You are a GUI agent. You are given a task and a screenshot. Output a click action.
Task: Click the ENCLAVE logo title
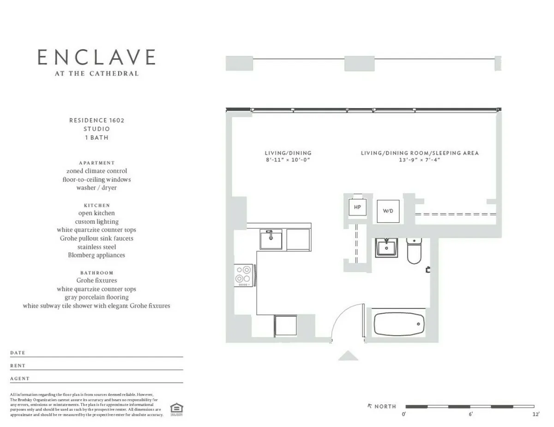pos(96,57)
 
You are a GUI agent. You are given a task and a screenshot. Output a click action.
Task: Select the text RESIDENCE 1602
pos(97,120)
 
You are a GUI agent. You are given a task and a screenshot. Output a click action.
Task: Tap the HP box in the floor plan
pos(357,207)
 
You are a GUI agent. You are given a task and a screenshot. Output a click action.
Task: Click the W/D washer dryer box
pos(388,211)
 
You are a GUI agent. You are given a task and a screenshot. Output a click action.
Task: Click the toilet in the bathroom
pos(414,251)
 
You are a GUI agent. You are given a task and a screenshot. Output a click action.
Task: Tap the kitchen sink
pos(271,240)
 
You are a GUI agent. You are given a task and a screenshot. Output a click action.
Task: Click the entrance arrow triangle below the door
pos(348,355)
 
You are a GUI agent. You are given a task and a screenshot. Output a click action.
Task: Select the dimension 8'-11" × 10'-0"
pos(288,160)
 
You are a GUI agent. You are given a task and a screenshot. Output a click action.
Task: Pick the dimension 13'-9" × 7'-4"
pos(420,160)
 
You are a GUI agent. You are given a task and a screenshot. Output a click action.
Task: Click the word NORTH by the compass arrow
pos(385,407)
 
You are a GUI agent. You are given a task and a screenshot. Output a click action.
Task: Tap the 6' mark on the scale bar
pos(470,415)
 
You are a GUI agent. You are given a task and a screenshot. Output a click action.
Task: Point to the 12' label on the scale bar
pos(536,415)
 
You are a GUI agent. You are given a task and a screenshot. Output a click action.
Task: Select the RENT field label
pos(18,366)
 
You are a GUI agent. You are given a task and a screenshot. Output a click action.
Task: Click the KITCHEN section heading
pos(97,205)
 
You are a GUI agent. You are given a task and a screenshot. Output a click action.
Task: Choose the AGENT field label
pos(20,379)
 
